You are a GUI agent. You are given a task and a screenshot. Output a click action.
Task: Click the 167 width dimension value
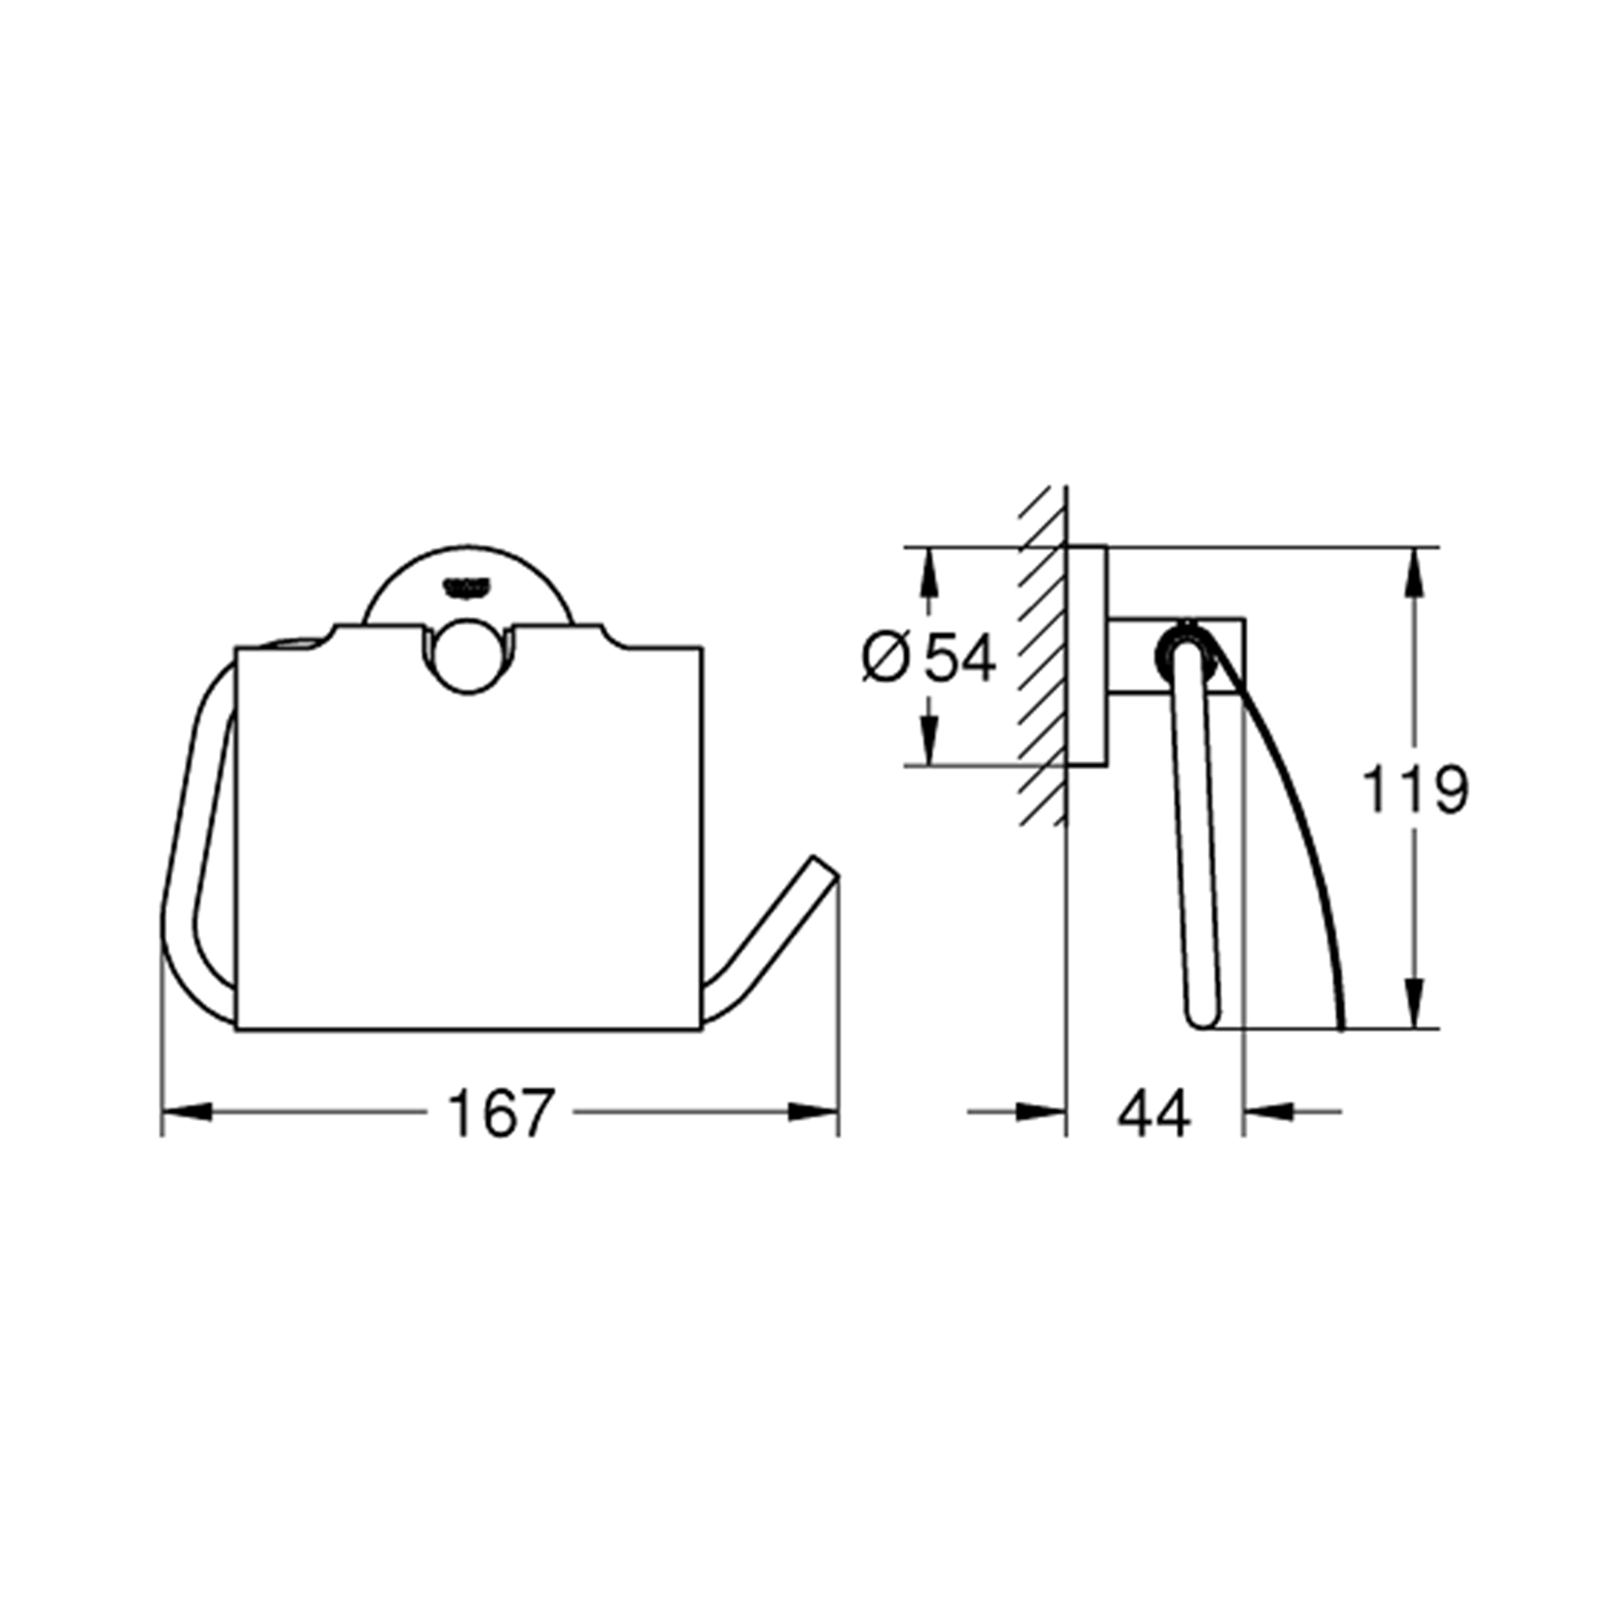pyautogui.click(x=501, y=1113)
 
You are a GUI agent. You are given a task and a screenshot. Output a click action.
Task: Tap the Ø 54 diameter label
pyautogui.click(x=929, y=657)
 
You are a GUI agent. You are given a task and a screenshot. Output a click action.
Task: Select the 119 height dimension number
pyautogui.click(x=1415, y=789)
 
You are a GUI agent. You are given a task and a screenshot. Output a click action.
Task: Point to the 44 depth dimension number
pyautogui.click(x=1153, y=1114)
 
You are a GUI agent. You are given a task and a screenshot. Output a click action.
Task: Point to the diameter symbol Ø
pyautogui.click(x=885, y=657)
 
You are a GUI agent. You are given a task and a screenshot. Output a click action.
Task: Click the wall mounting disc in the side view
pyautogui.click(x=1087, y=655)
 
